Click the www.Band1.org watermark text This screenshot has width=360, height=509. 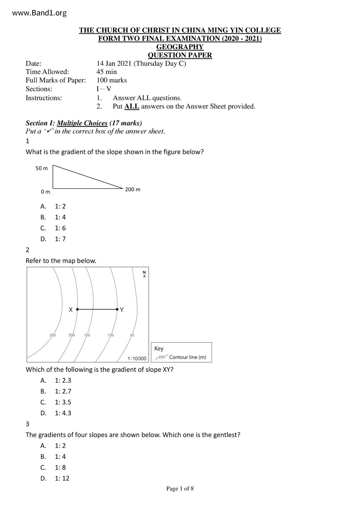pos(40,13)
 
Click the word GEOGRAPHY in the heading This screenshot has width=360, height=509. pos(180,47)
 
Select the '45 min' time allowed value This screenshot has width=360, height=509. pos(107,72)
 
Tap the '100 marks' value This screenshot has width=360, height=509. pos(111,80)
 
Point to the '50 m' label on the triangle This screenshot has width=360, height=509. pos(42,168)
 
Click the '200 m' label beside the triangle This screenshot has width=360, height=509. pos(133,189)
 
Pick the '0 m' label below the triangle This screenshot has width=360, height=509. pos(46,192)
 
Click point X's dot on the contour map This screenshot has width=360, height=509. pos(77,310)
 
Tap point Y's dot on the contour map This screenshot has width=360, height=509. pos(117,310)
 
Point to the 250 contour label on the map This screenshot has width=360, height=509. pos(53,335)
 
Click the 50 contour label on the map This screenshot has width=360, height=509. pos(132,335)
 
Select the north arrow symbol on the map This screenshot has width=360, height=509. pos(144,274)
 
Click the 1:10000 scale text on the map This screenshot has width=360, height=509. pos(137,359)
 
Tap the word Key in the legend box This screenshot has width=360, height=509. pos(159,349)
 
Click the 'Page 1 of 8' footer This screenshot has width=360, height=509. pos(180,489)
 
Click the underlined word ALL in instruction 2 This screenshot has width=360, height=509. pos(132,107)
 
